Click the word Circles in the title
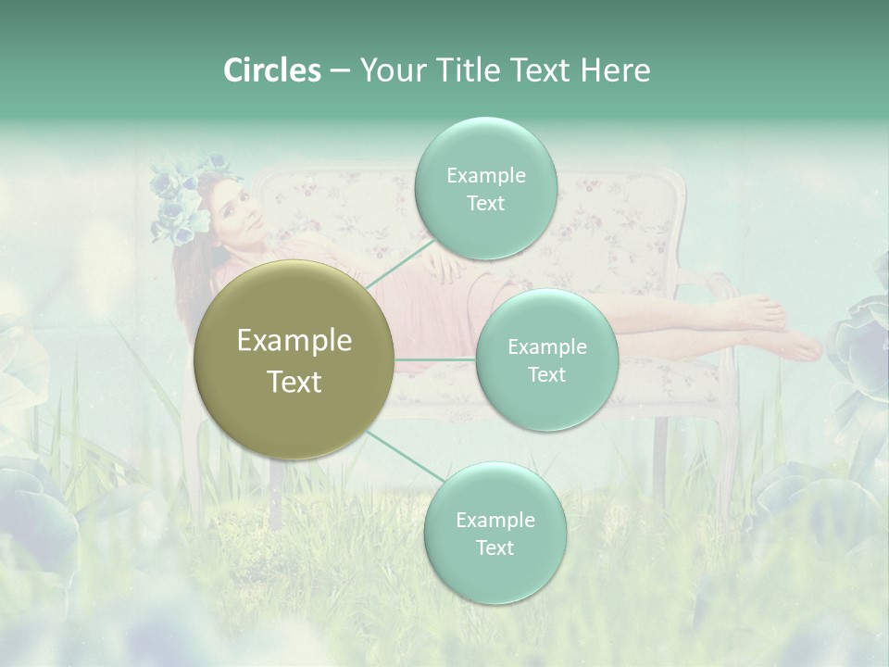(x=271, y=70)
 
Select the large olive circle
(x=294, y=359)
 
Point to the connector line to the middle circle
(x=435, y=359)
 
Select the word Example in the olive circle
(x=294, y=341)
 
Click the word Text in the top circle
(x=485, y=204)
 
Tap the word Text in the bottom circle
(x=495, y=547)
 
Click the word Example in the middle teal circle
(x=546, y=347)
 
